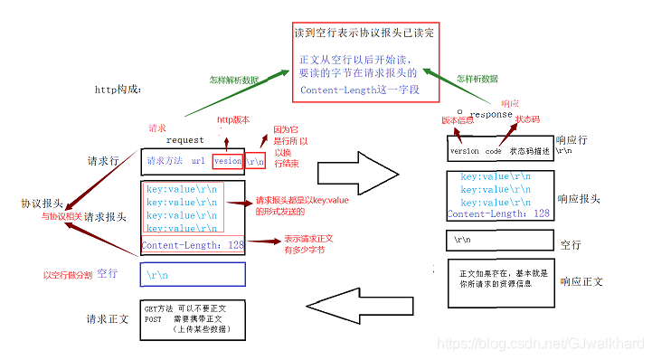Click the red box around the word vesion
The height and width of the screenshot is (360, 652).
228,161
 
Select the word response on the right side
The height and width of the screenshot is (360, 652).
492,115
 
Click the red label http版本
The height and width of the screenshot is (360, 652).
233,120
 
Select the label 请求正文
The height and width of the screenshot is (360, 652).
108,319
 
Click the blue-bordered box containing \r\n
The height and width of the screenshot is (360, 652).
194,273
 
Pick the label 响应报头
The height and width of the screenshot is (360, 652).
579,199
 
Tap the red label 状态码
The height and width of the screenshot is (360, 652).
529,118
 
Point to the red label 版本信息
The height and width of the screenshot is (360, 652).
458,119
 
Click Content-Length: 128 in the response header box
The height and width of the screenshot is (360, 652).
498,213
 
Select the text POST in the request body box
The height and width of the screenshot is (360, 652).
155,319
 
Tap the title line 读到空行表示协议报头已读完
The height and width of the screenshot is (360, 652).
364,33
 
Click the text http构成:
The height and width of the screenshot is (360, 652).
118,90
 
